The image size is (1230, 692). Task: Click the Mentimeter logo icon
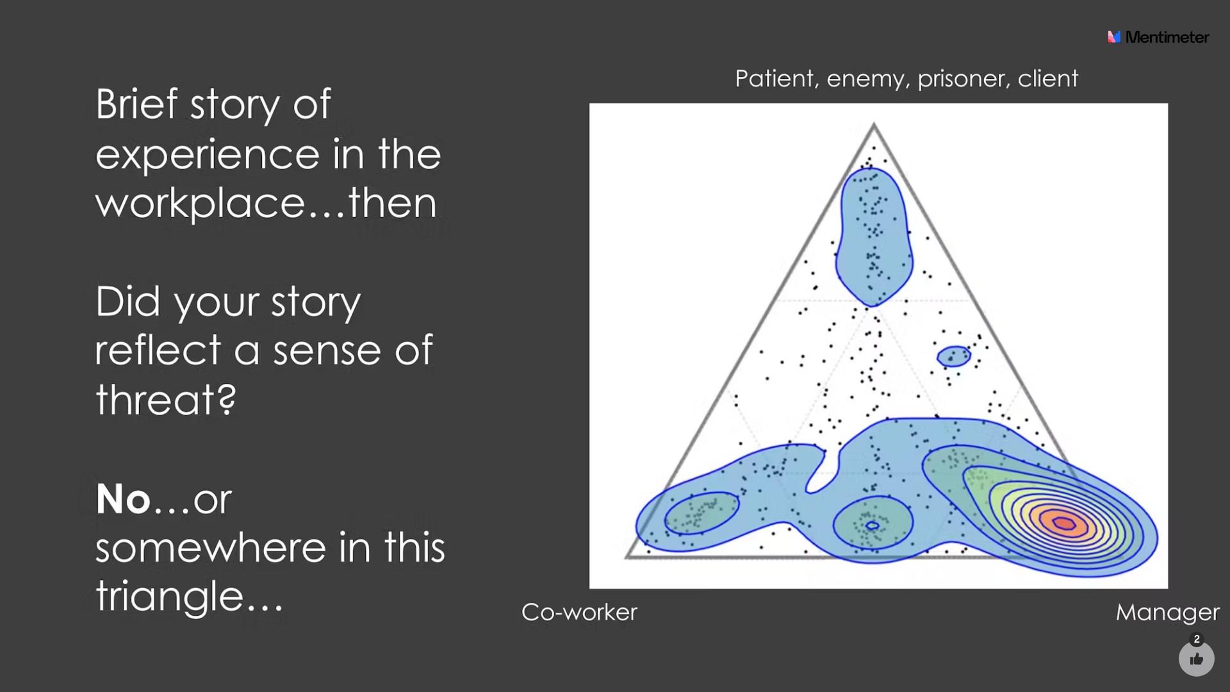(1114, 37)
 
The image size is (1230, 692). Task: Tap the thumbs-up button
(1196, 659)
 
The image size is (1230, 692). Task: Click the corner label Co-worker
(579, 612)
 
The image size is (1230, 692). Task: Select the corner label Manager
(1167, 613)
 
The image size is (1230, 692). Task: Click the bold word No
(123, 498)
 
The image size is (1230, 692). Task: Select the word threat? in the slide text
(166, 399)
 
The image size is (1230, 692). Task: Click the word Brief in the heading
(136, 103)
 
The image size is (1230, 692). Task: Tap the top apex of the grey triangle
(874, 124)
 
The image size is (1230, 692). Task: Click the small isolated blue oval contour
(954, 356)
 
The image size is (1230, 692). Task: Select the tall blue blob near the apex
(874, 237)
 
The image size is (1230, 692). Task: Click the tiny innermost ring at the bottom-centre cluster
(872, 526)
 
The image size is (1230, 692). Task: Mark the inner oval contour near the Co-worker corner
(702, 513)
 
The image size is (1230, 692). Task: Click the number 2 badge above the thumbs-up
(1197, 639)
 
